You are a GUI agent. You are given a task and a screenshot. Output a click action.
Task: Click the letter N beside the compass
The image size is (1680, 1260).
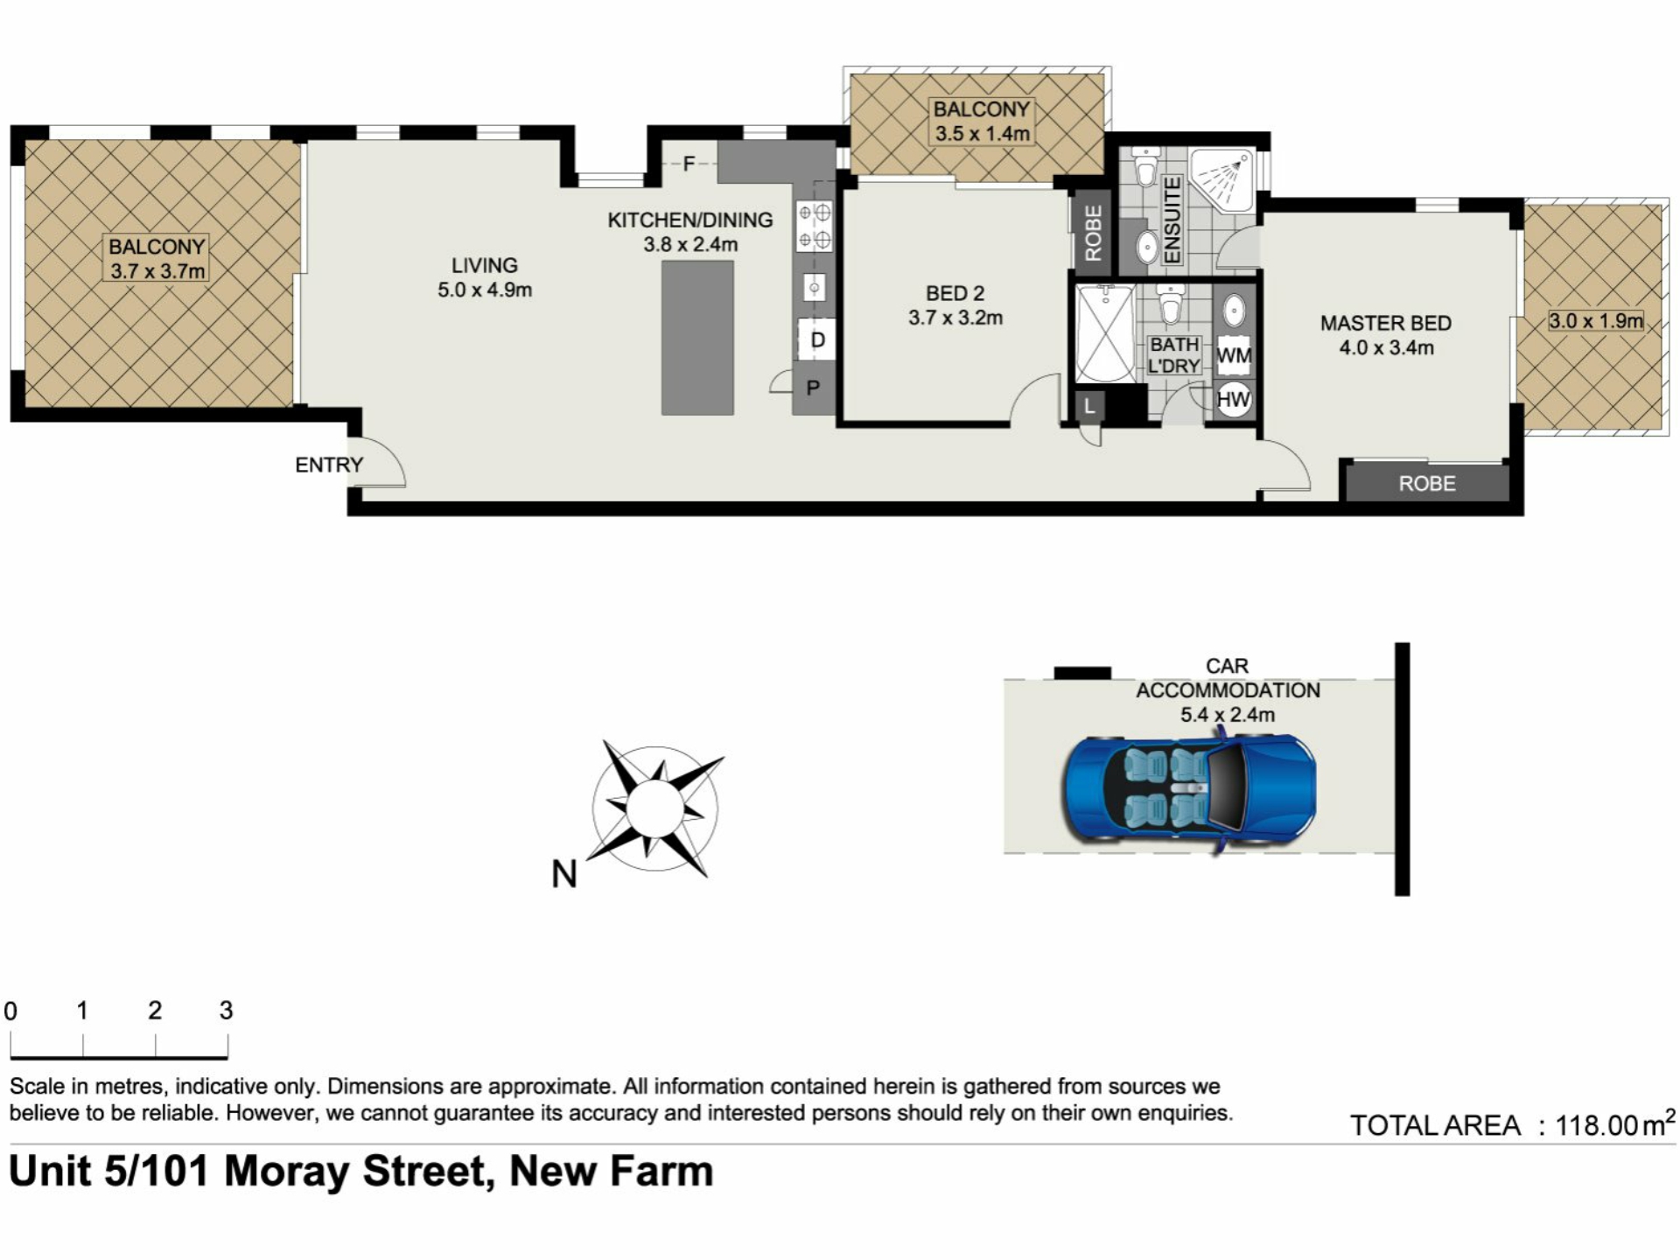pos(564,873)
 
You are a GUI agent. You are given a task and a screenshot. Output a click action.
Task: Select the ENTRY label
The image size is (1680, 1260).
pos(329,465)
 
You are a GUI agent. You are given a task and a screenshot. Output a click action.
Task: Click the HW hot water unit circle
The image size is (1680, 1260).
pos(1234,400)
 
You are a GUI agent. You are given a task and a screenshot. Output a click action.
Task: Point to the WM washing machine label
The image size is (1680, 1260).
pos(1234,355)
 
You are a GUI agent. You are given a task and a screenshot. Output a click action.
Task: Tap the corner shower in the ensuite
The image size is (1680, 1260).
pos(1222,179)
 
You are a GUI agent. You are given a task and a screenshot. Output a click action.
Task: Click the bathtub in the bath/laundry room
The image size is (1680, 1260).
pos(1104,332)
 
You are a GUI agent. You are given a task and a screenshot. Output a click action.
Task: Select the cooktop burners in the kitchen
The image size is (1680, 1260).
pos(815,226)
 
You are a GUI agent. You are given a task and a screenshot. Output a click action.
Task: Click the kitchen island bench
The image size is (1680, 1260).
pos(697,338)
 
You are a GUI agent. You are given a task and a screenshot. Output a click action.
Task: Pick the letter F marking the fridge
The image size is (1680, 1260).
pos(689,164)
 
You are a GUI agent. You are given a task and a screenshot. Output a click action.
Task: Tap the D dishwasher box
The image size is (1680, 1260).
pos(817,339)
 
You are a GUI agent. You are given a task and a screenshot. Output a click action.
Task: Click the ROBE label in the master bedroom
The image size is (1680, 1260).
pos(1427,484)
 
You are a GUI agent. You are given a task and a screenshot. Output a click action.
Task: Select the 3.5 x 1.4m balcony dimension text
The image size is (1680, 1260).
pos(983,134)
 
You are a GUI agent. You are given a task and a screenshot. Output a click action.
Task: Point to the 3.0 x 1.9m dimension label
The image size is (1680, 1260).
pos(1596,321)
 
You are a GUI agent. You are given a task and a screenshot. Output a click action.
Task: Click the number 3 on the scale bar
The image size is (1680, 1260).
pos(227,1011)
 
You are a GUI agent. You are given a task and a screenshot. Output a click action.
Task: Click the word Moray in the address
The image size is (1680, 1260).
pos(286,1172)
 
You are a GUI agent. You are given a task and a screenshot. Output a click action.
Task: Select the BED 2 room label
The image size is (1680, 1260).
pos(955,293)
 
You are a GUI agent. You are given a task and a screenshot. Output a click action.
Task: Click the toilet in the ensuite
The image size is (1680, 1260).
pos(1145,167)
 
